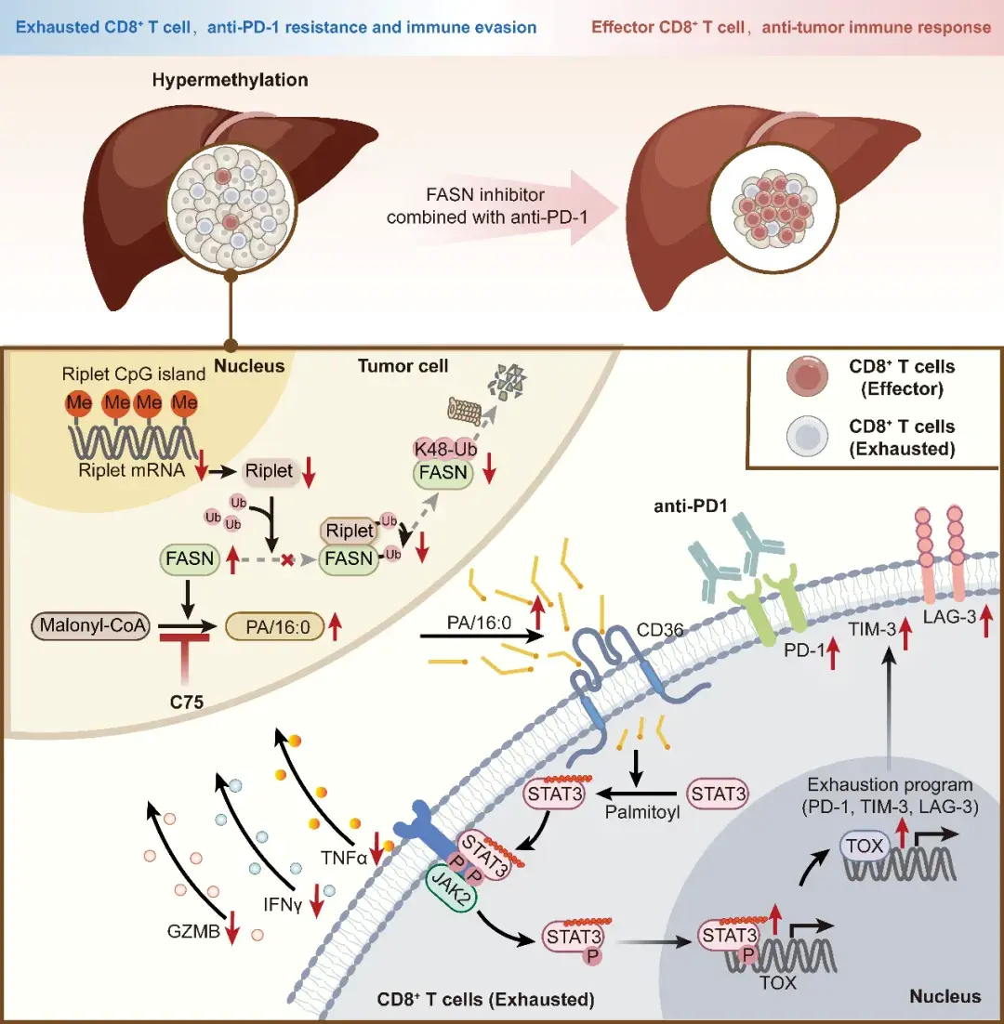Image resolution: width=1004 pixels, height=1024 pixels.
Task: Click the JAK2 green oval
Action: pyautogui.click(x=448, y=883)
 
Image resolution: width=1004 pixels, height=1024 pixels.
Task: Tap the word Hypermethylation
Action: pyautogui.click(x=230, y=81)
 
